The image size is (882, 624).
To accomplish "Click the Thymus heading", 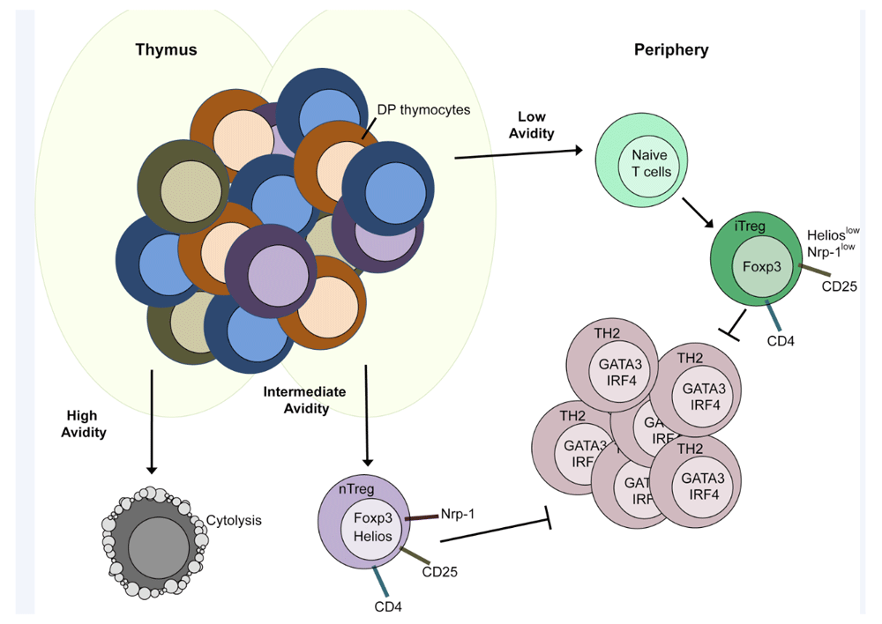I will click(166, 50).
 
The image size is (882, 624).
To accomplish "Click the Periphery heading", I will click(671, 50).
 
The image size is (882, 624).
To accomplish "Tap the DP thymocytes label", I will click(430, 110).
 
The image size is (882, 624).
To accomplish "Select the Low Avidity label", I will click(535, 124).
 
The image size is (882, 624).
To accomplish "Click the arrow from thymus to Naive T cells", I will click(519, 154).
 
